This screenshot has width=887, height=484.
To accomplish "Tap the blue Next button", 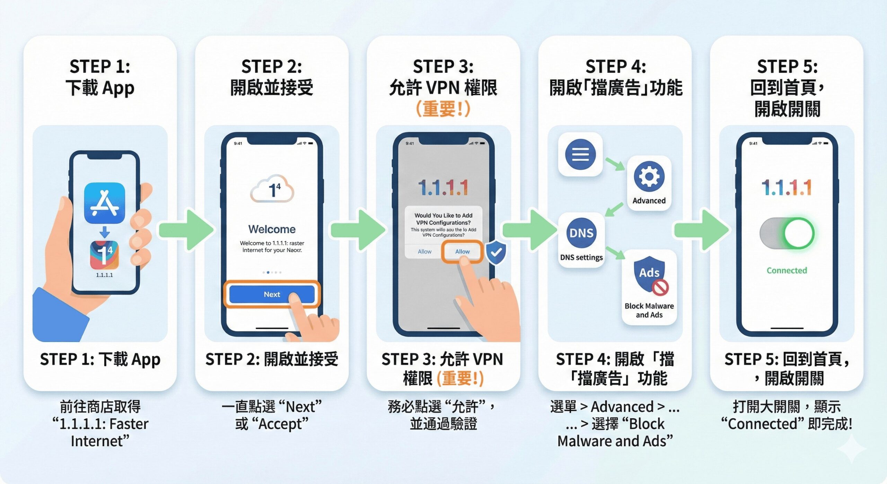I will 272,294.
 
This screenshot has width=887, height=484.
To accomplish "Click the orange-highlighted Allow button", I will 462,251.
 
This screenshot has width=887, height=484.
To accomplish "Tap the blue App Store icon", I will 104,203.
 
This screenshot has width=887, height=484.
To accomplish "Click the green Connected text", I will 787,270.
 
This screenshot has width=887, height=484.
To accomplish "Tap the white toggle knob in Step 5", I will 799,233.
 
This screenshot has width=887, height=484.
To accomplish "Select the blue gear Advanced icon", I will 649,176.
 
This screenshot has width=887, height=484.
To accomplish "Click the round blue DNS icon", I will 581,233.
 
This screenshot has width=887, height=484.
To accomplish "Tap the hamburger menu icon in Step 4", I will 580,154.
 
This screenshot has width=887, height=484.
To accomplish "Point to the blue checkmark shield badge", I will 496,252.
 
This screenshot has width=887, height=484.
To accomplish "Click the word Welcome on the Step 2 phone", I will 272,229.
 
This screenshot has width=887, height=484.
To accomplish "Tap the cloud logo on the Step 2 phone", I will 272,189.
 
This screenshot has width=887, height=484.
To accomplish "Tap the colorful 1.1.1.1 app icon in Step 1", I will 104,255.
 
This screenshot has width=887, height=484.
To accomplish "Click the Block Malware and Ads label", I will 649,310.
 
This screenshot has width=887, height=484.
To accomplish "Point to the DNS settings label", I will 581,257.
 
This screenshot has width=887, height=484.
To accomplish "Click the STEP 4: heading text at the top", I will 615,66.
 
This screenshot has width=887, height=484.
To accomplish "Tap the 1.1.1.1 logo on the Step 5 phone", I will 787,188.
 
